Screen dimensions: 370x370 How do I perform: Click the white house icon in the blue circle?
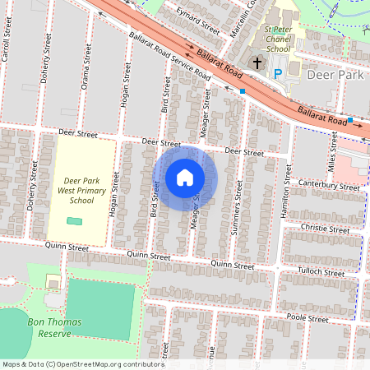[x=185, y=178]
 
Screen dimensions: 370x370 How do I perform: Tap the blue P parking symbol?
[x=277, y=74]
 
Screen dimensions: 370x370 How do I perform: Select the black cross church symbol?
[x=257, y=63]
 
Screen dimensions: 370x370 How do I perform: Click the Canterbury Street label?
[x=330, y=185]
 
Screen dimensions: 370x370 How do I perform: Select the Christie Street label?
[x=326, y=229]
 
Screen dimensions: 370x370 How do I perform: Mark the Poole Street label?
[x=308, y=318]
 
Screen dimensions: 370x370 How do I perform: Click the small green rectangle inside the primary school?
[x=75, y=221]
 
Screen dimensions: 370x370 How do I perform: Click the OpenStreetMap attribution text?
[x=82, y=363]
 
